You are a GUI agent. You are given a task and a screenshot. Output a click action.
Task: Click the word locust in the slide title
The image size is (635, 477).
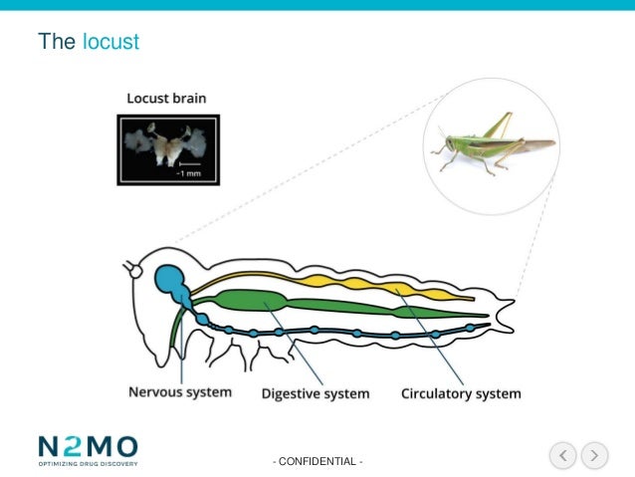(x=110, y=42)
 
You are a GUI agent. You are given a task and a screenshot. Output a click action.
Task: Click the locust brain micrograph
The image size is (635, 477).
(x=167, y=148)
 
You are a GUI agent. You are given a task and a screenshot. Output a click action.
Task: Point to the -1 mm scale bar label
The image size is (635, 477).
(x=189, y=172)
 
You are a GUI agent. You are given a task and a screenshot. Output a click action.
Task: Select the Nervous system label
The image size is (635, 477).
(x=180, y=391)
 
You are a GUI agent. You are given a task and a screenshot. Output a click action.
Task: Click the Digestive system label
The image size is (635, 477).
(x=315, y=393)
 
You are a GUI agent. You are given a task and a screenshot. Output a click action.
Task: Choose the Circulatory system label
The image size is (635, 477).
(x=460, y=393)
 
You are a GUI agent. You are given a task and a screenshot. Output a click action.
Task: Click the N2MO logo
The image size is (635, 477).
(x=88, y=447)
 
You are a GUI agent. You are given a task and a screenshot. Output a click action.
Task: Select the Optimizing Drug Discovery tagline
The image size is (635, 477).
(x=88, y=463)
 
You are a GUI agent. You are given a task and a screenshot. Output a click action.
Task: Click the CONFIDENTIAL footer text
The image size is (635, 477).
(x=318, y=461)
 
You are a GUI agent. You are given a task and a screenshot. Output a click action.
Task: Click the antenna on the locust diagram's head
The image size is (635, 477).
(x=129, y=269)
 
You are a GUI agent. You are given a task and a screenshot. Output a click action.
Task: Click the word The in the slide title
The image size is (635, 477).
(x=55, y=42)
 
